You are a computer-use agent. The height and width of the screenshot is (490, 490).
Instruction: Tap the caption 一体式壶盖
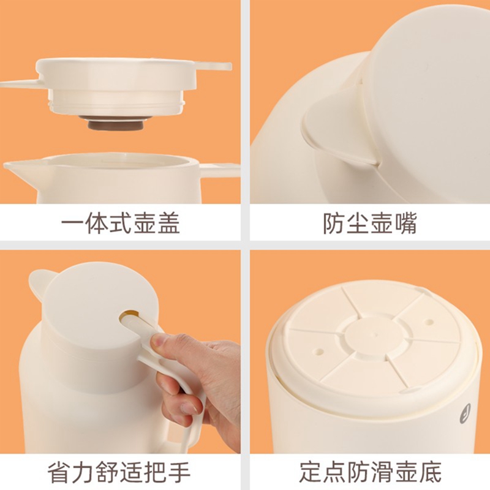coord(120,224)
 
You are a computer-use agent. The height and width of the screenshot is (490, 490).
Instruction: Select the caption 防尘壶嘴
coord(370,224)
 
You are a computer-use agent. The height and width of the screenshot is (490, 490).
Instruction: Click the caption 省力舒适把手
coord(119,472)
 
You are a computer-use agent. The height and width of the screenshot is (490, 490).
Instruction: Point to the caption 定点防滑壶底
coord(371,472)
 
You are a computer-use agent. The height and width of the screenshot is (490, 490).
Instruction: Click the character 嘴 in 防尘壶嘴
coord(405,224)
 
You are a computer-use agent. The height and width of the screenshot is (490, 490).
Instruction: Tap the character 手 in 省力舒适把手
coord(179,472)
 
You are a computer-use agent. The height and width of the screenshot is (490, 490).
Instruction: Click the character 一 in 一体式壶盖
coord(72,224)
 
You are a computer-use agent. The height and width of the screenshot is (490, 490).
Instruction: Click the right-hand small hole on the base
coord(430,322)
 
